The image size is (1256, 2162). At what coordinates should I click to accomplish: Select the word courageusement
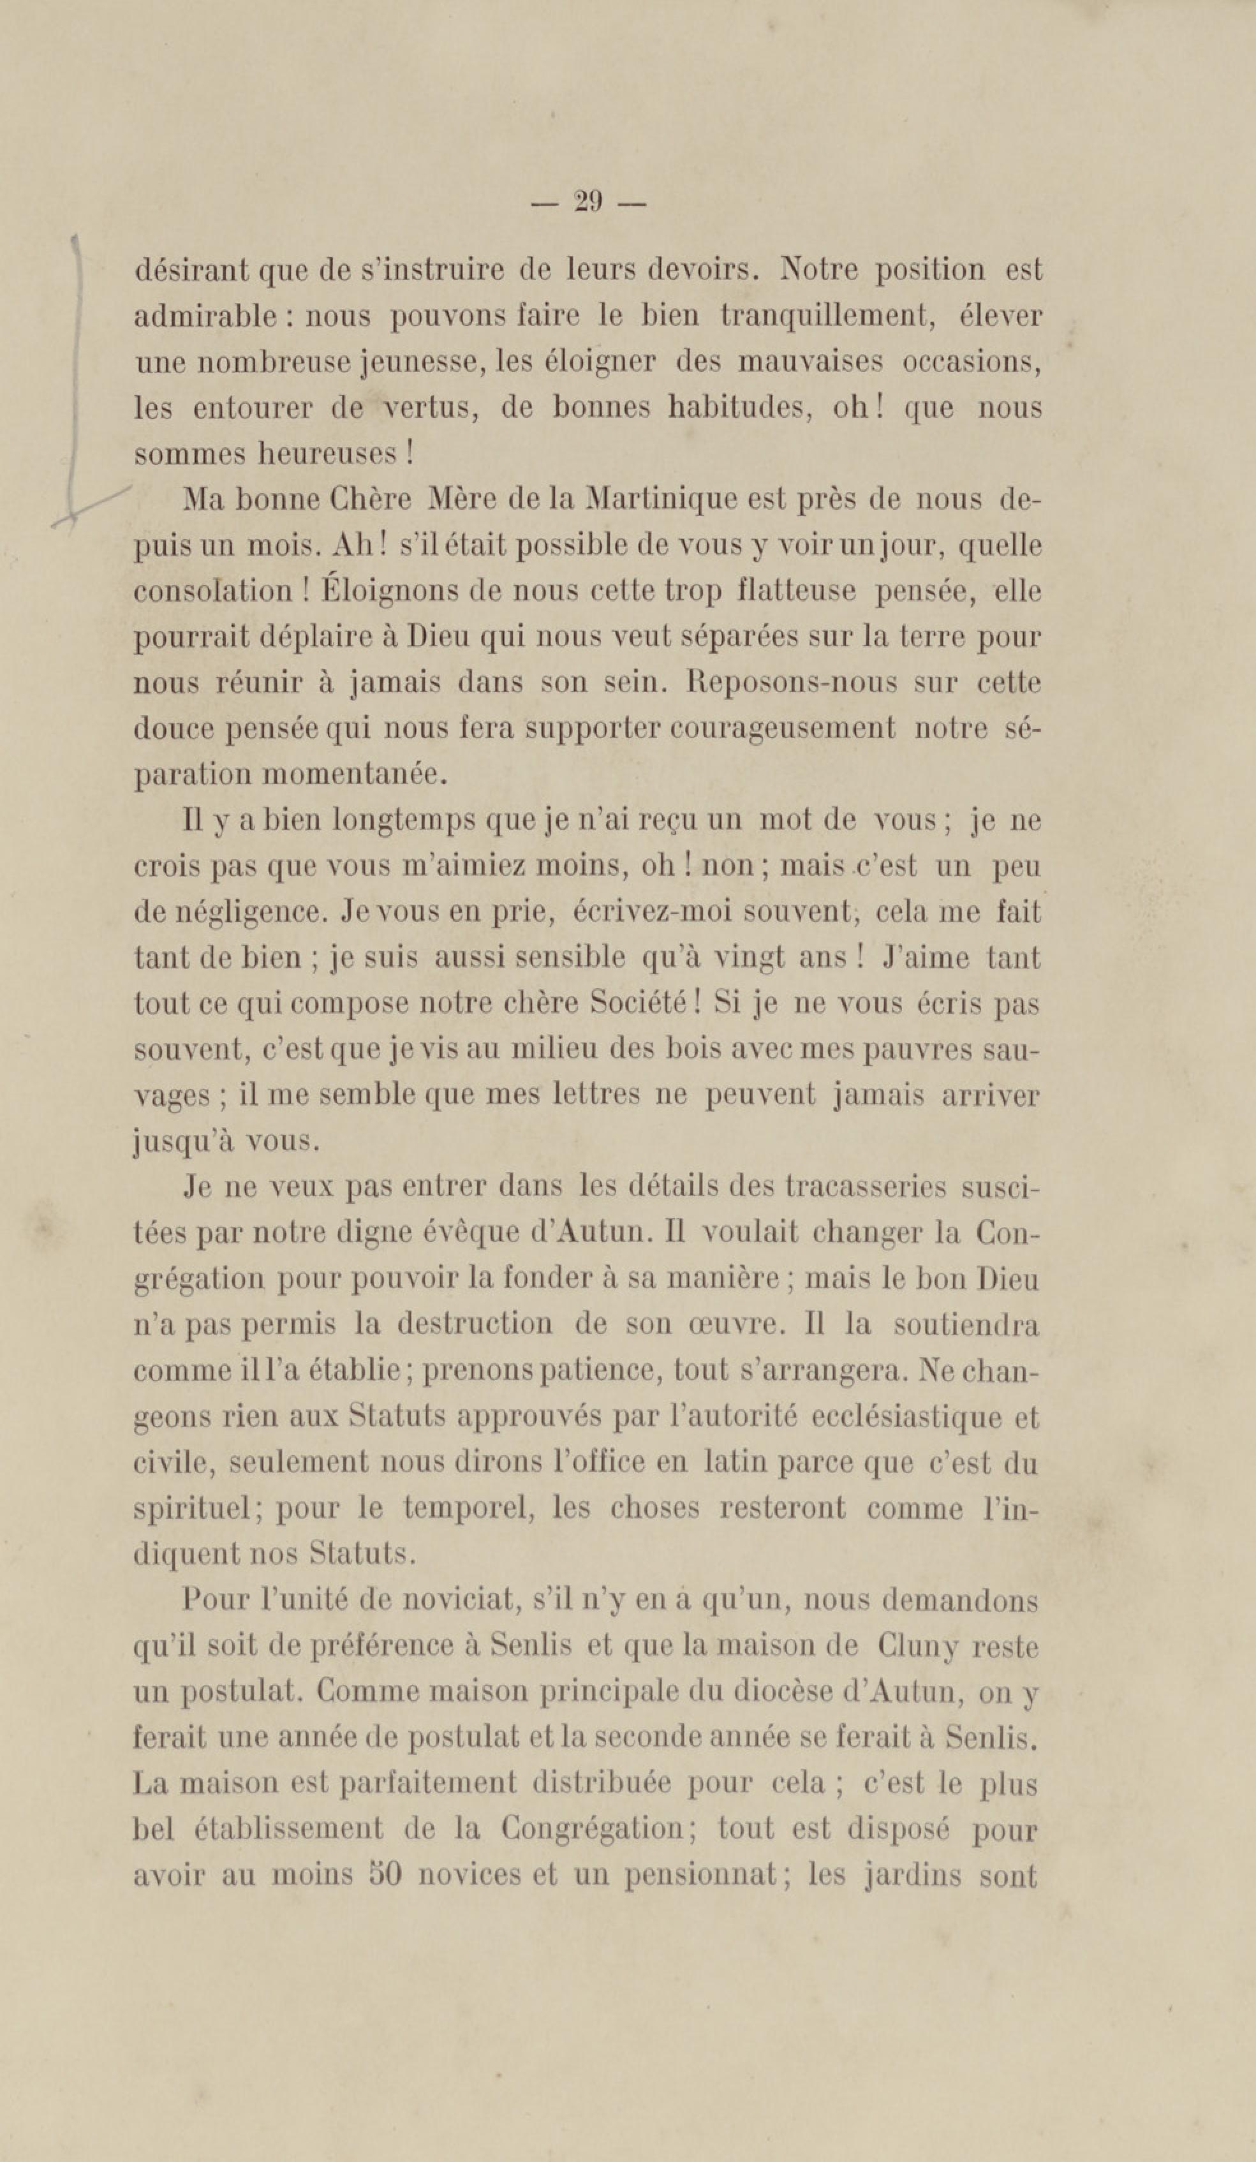[781, 729]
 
